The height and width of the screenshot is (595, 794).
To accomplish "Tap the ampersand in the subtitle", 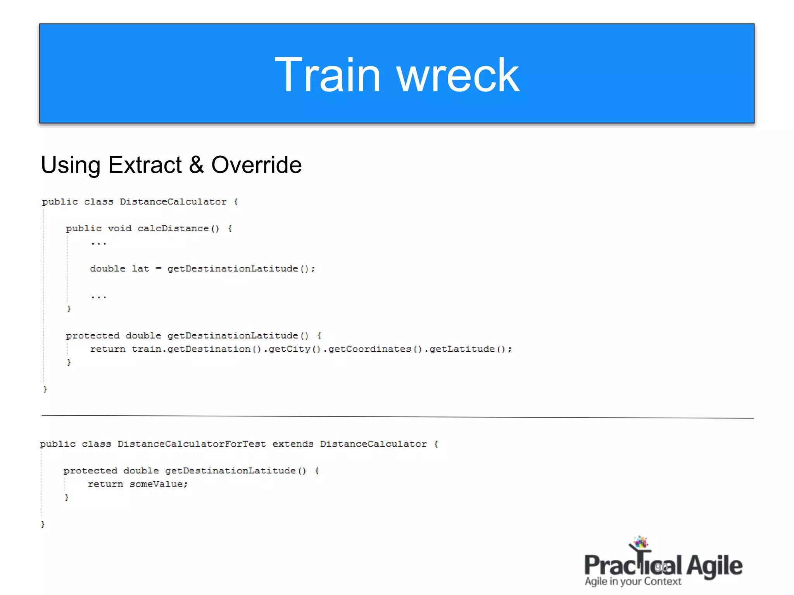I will click(x=196, y=165).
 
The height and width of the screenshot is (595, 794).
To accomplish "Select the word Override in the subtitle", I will click(x=256, y=165).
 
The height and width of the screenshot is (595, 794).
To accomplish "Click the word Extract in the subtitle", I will click(x=145, y=165).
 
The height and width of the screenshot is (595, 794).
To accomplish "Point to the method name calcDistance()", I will click(x=178, y=229).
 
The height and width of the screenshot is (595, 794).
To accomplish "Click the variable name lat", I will click(x=140, y=269).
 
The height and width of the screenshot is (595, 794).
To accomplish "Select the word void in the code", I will click(x=119, y=229).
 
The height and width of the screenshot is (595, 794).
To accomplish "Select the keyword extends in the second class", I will click(x=293, y=444).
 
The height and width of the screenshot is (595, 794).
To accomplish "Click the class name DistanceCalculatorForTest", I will click(x=192, y=444).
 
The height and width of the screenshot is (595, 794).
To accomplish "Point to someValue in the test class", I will click(x=158, y=484).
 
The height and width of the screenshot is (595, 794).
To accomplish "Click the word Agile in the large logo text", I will click(x=714, y=566).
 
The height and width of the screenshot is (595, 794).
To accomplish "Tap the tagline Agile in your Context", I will click(x=633, y=581).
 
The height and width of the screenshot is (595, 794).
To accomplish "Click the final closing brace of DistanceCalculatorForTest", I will click(x=43, y=524).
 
